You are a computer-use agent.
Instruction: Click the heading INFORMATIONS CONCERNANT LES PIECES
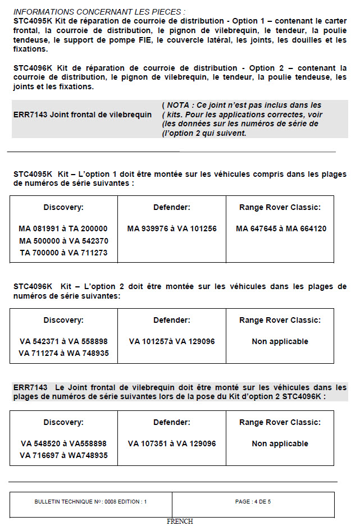[x=99, y=11]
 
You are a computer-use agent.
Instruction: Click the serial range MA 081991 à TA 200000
[x=63, y=229]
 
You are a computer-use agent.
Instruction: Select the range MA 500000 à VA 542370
[x=63, y=241]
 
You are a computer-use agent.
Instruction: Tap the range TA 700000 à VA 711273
[x=63, y=253]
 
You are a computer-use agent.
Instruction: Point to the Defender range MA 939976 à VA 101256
[x=172, y=229]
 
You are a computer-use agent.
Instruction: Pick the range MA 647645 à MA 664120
[x=280, y=229]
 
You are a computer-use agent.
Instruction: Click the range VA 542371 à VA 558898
[x=63, y=341]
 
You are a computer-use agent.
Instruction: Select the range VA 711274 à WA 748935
[x=63, y=353]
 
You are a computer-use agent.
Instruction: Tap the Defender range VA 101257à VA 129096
[x=172, y=341]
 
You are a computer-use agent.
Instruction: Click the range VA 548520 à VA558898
[x=63, y=443]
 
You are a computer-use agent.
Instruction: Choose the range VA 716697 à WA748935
[x=63, y=455]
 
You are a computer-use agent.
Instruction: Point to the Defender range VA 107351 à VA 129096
[x=172, y=443]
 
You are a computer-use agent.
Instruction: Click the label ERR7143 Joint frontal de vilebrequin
[x=83, y=115]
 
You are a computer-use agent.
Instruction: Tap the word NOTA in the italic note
[x=179, y=105]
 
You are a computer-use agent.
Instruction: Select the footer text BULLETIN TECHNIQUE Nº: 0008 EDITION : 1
[x=90, y=501]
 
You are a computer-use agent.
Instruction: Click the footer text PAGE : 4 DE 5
[x=253, y=501]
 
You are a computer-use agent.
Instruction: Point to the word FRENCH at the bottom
[x=180, y=522]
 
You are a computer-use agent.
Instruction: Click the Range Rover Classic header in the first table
[x=280, y=208]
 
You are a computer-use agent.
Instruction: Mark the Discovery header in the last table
[x=63, y=422]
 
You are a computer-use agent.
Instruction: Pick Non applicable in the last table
[x=280, y=443]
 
